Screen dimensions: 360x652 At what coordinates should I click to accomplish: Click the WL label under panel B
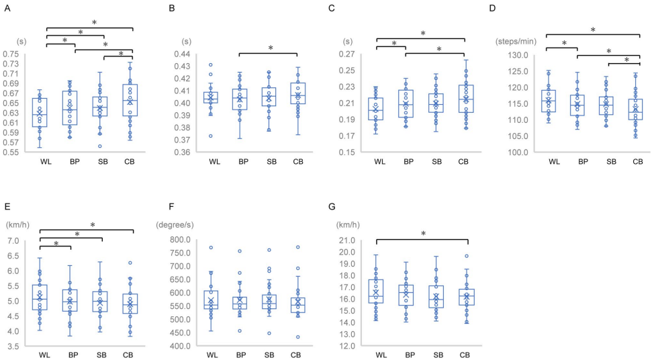[x=214, y=161]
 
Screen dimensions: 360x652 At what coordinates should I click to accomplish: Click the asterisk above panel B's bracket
[x=271, y=48]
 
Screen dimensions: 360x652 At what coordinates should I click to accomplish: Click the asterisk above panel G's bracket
[x=422, y=234]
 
